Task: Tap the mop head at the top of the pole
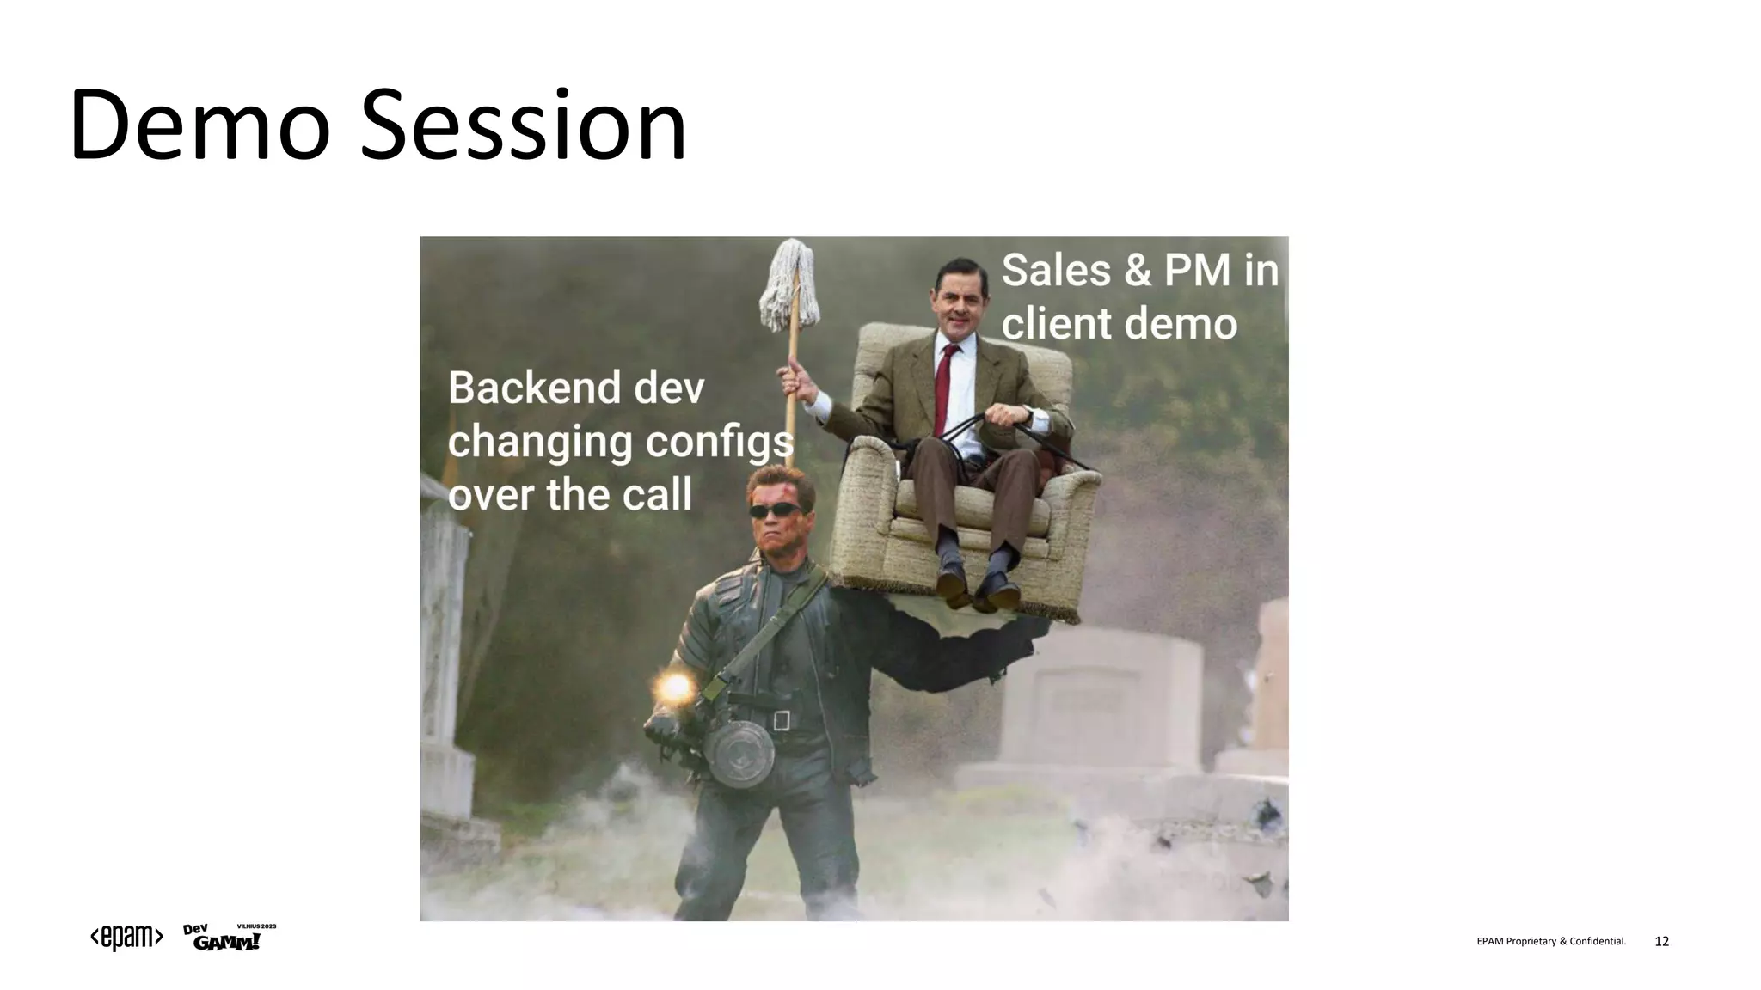789,286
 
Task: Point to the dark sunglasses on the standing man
776,510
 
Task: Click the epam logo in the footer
126,938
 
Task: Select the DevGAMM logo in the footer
227,938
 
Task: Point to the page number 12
1661,942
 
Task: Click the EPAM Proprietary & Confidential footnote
1550,942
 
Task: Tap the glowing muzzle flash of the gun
674,687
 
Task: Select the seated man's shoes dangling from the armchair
977,586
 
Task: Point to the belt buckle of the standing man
781,719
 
